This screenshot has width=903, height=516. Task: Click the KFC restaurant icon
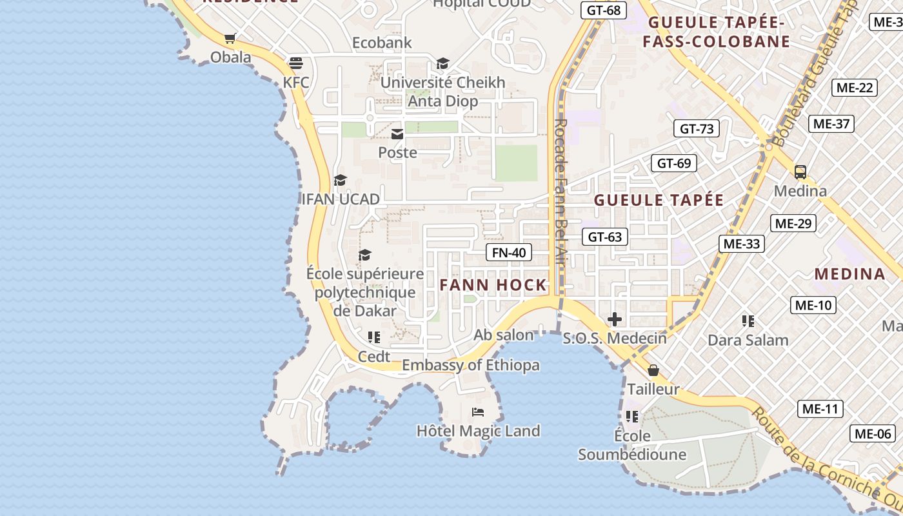tap(296, 63)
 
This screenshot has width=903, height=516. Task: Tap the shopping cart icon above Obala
tap(230, 38)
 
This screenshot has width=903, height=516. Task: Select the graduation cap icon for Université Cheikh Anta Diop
tap(442, 63)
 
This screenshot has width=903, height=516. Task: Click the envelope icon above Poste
tap(397, 134)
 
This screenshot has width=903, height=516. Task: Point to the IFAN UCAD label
tap(341, 199)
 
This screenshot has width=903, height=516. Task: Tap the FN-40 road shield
tap(509, 252)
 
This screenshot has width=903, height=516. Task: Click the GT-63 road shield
tap(605, 237)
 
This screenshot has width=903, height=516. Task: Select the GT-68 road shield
tap(604, 10)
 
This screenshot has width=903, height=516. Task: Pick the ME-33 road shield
tap(742, 243)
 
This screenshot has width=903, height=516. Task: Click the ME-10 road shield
tap(813, 305)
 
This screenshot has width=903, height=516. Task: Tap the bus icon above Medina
tap(800, 172)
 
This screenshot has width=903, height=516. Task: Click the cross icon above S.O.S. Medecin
tap(615, 319)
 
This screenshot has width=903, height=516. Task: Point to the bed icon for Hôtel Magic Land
tap(478, 412)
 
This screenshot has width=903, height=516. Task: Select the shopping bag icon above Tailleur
tap(653, 370)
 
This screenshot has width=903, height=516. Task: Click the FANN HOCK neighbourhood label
tap(493, 285)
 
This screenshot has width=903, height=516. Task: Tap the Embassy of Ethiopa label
tap(471, 365)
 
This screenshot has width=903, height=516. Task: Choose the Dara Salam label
tap(748, 340)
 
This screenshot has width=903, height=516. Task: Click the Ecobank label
tap(382, 43)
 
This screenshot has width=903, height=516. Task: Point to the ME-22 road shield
tap(855, 88)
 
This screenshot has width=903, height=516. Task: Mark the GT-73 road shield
tap(697, 128)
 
